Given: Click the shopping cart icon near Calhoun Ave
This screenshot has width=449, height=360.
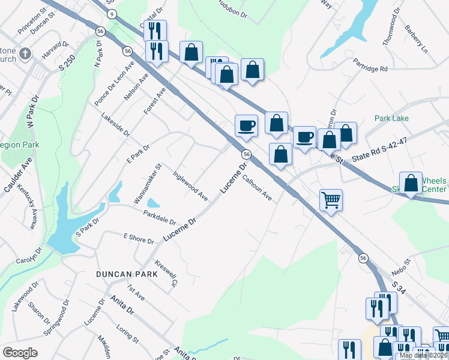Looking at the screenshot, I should pyautogui.click(x=331, y=200).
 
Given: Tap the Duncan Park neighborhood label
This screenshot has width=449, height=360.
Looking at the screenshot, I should pyautogui.click(x=126, y=274).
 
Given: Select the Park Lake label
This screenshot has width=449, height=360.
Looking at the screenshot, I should pyautogui.click(x=391, y=118).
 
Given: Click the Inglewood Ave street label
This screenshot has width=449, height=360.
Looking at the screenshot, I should pyautogui.click(x=190, y=187).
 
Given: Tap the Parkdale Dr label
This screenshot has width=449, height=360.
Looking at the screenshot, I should pyautogui.click(x=159, y=217).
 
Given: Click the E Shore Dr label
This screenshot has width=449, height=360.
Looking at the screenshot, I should pyautogui.click(x=139, y=239).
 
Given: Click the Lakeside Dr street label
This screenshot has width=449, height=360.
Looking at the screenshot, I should pyautogui.click(x=115, y=124).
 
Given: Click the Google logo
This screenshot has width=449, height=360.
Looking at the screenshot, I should pyautogui.click(x=20, y=353).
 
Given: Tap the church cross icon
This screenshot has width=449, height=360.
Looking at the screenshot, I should pyautogui.click(x=26, y=53).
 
